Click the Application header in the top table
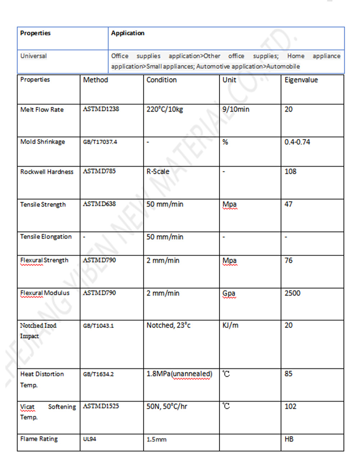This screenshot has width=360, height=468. pyautogui.click(x=127, y=33)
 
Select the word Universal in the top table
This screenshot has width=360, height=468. pyautogui.click(x=33, y=56)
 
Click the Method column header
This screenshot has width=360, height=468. pyautogui.click(x=95, y=80)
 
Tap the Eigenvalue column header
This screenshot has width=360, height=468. pyautogui.click(x=301, y=80)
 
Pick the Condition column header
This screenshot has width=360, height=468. pyautogui.click(x=161, y=80)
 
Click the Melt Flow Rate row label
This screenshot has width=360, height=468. pyautogui.click(x=42, y=109)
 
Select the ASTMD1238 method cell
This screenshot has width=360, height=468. pyautogui.click(x=101, y=109)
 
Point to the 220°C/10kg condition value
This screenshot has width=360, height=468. pyautogui.click(x=165, y=109)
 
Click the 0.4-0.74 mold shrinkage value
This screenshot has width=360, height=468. pyautogui.click(x=297, y=142)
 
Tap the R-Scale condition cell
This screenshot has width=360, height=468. pyautogui.click(x=158, y=172)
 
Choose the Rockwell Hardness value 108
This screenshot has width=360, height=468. pyautogui.click(x=290, y=172)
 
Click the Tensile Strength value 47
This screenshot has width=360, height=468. pyautogui.click(x=288, y=204)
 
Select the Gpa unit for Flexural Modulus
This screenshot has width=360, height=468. pyautogui.click(x=229, y=293)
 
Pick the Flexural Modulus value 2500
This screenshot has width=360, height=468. pyautogui.click(x=292, y=293)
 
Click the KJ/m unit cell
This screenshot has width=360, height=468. pyautogui.click(x=230, y=325)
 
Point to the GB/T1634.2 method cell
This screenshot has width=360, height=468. pyautogui.click(x=98, y=374)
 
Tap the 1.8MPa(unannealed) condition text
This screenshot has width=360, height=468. pyautogui.click(x=179, y=374)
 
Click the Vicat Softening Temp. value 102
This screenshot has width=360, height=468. pyautogui.click(x=290, y=406)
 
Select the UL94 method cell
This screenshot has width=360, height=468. pyautogui.click(x=90, y=439)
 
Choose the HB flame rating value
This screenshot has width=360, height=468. pyautogui.click(x=289, y=439)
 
